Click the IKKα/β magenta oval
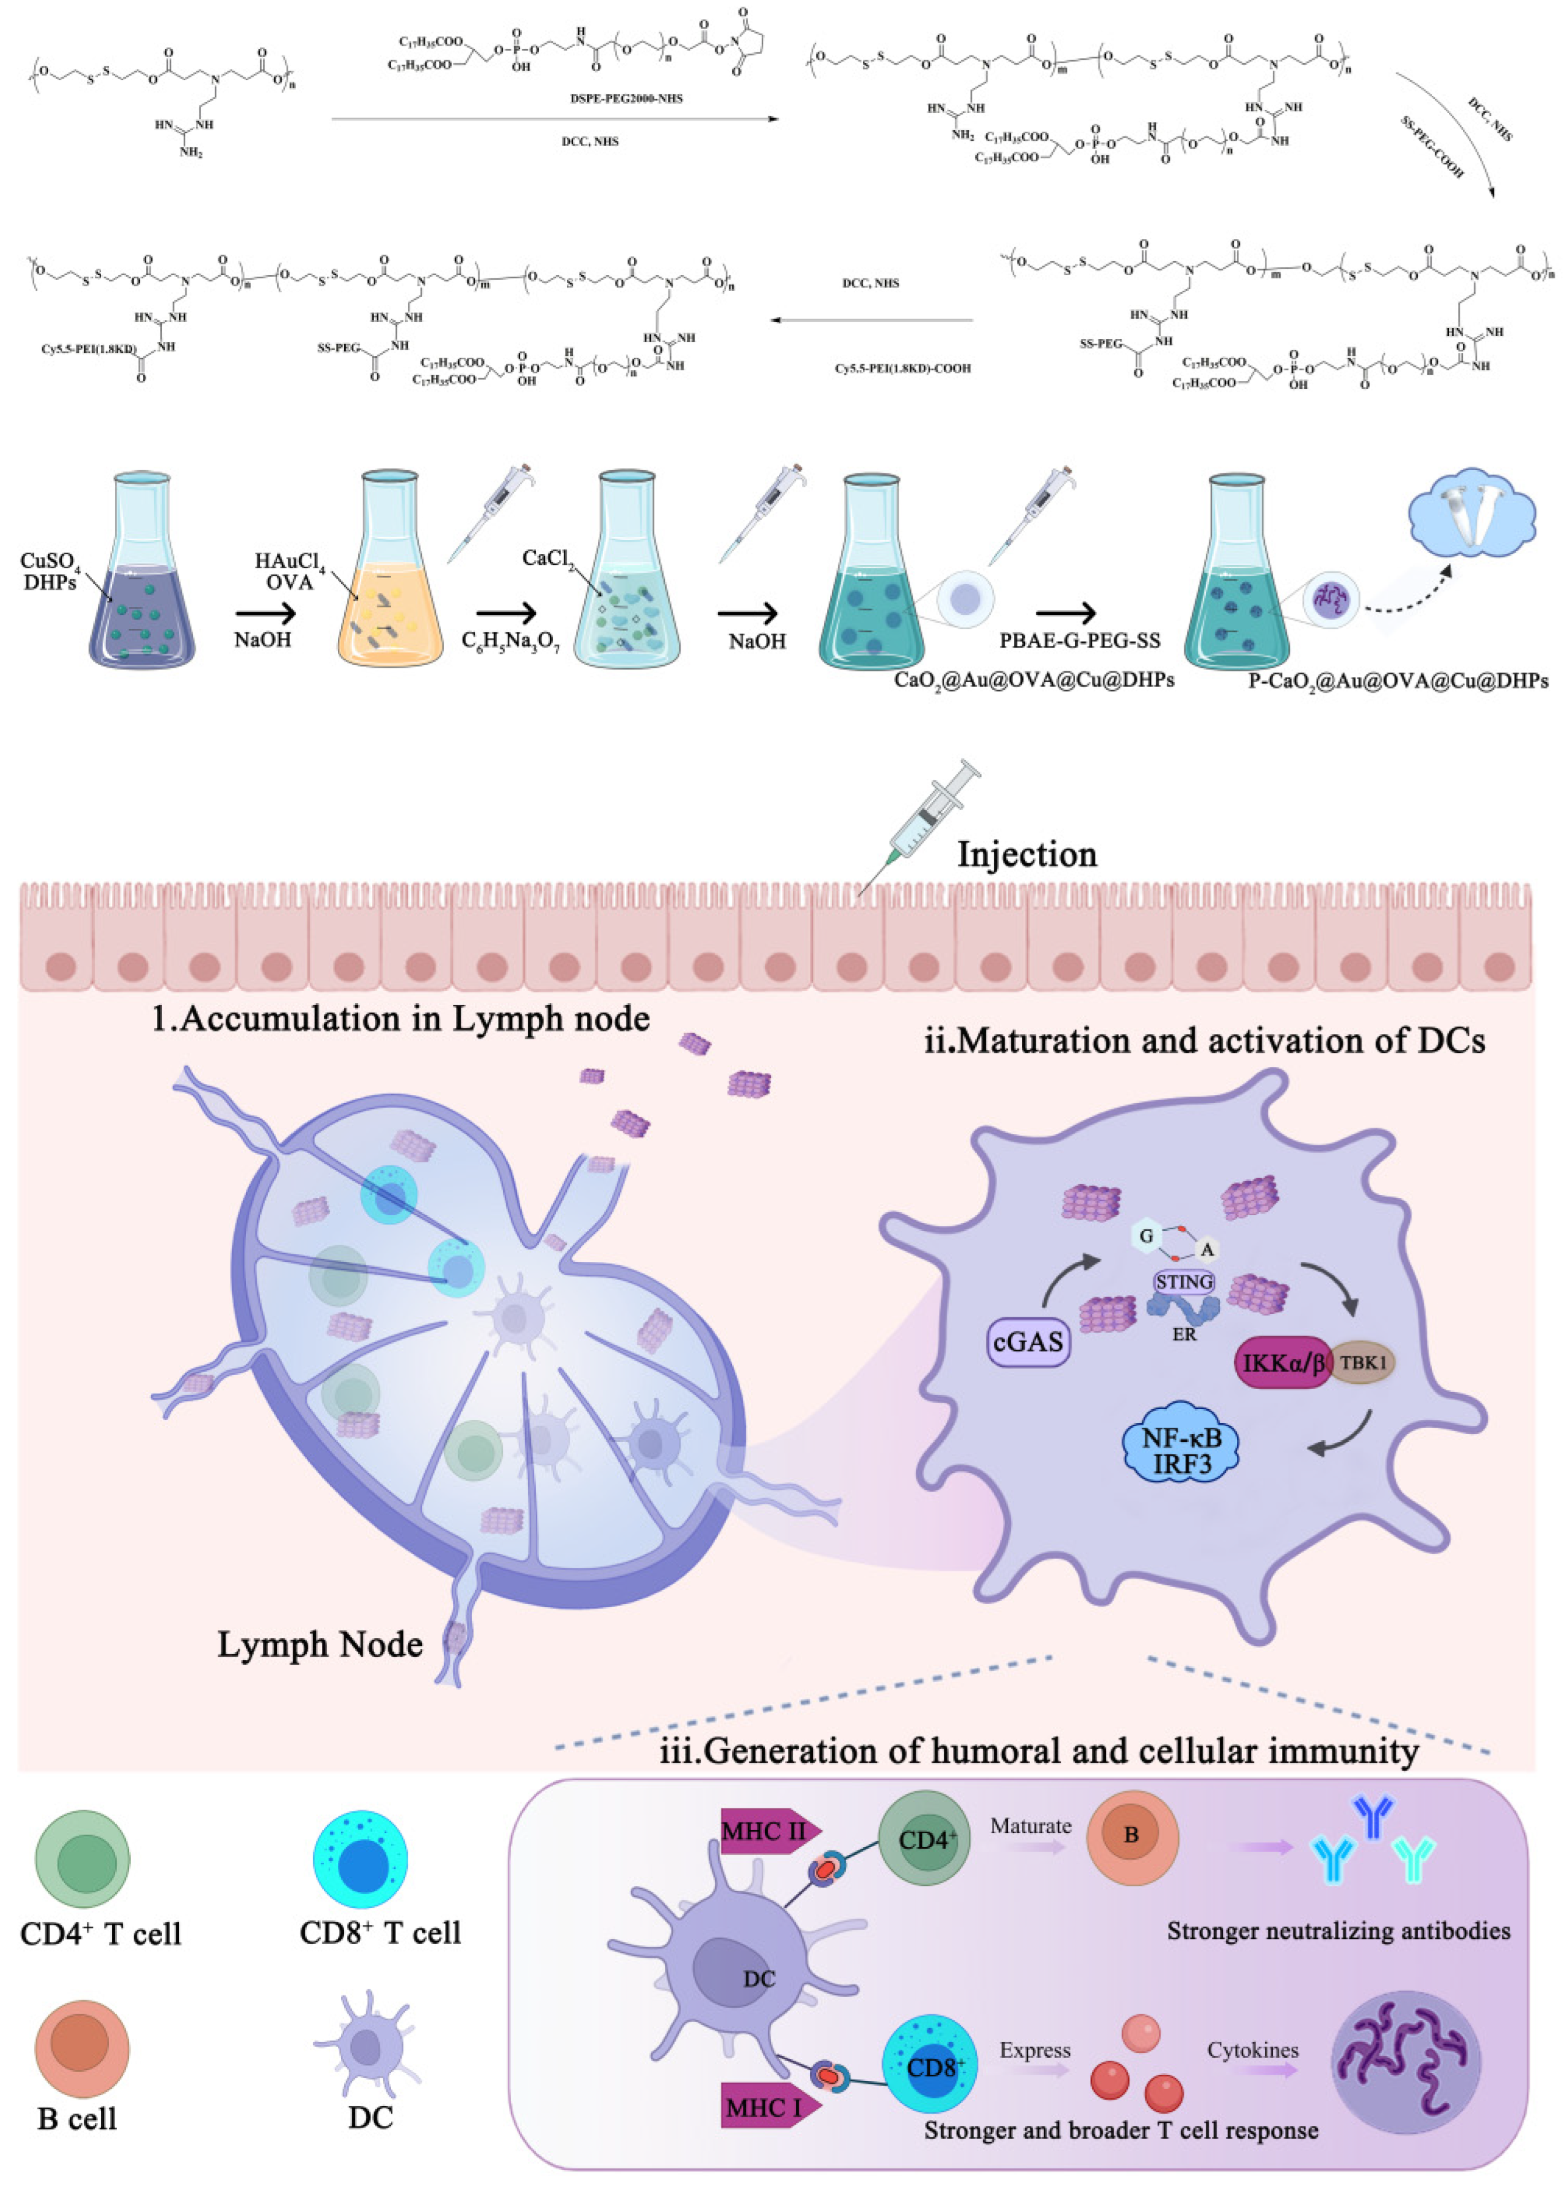pyautogui.click(x=1283, y=1363)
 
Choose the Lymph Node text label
pyautogui.click(x=320, y=1644)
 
